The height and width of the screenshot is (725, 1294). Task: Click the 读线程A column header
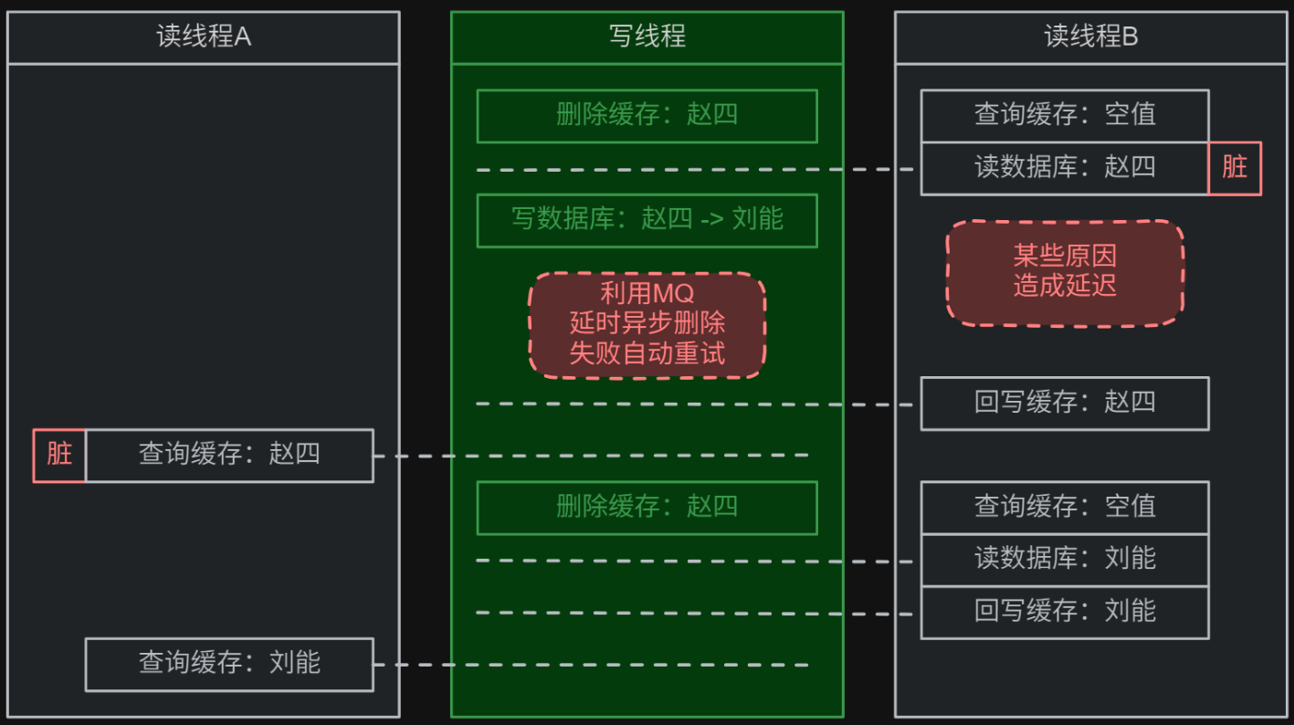(203, 37)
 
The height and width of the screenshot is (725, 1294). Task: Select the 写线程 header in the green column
(647, 37)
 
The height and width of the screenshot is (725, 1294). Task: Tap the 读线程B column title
(1090, 37)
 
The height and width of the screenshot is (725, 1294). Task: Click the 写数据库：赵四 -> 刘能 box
(647, 220)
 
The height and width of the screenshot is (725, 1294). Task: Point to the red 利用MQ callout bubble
(647, 325)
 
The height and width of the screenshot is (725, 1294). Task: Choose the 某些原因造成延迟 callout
(1065, 272)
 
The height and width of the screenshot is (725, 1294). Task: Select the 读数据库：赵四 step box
(1065, 168)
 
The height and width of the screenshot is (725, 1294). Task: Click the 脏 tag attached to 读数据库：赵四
(1235, 168)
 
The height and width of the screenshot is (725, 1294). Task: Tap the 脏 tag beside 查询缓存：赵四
(59, 455)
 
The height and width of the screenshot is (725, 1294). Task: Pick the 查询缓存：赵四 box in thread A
(229, 455)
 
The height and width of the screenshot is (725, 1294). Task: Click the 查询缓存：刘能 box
(229, 664)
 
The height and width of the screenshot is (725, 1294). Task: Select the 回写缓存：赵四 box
(1065, 403)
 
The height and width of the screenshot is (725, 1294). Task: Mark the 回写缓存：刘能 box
(1065, 612)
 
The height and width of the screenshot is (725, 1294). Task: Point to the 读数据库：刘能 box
(1065, 560)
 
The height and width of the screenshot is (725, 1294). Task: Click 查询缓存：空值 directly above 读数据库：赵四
(1065, 116)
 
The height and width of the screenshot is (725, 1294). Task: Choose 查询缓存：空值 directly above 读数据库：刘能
(1065, 508)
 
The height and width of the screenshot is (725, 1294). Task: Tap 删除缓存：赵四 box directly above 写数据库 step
(647, 116)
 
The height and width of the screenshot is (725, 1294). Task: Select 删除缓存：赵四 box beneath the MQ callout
(647, 508)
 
